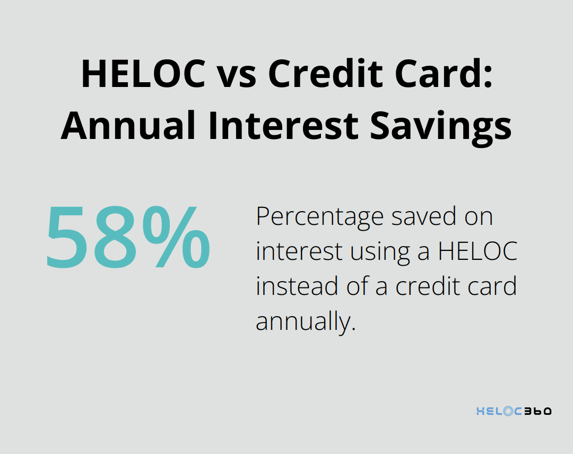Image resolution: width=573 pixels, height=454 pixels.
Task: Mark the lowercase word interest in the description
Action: pos(299,252)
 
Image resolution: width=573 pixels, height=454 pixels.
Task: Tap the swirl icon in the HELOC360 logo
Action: pos(508,411)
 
